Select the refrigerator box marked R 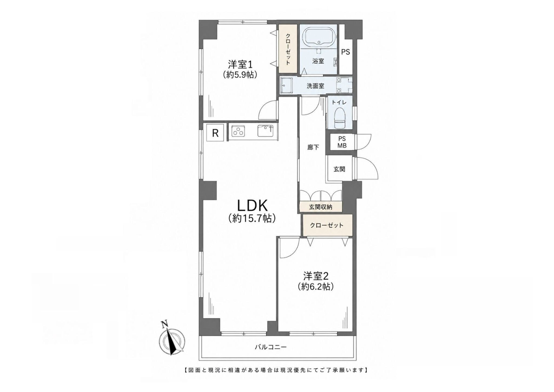click(x=215, y=133)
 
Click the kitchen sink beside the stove click(x=265, y=131)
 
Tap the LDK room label click(x=252, y=206)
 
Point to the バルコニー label click(x=271, y=347)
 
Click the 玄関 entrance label click(x=339, y=169)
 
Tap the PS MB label click(x=342, y=142)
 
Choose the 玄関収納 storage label click(x=321, y=207)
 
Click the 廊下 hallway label click(x=313, y=147)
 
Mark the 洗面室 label click(x=315, y=86)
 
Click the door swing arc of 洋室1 click(x=264, y=107)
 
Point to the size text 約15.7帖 click(x=252, y=218)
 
